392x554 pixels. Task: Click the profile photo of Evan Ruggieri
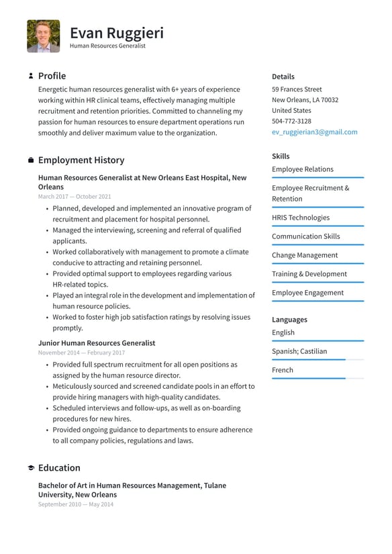click(x=44, y=36)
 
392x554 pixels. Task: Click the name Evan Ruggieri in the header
click(x=116, y=33)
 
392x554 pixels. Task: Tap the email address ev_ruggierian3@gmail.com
click(x=314, y=132)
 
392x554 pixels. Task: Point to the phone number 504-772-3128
click(x=291, y=122)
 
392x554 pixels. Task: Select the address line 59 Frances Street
click(x=297, y=89)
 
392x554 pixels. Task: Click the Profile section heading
click(x=52, y=76)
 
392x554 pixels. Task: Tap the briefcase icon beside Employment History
click(x=31, y=160)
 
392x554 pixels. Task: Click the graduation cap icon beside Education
click(x=31, y=468)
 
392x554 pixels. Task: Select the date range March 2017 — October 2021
click(x=75, y=197)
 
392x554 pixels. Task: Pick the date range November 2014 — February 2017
click(x=81, y=353)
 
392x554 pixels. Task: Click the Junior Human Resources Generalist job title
click(x=97, y=343)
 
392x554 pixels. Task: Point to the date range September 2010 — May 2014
click(x=76, y=504)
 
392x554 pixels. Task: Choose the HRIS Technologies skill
click(x=301, y=218)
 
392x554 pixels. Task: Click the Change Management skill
click(x=305, y=255)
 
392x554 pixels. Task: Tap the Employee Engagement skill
click(x=307, y=293)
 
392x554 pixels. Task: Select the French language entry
click(x=283, y=370)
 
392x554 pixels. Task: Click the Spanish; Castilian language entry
click(x=299, y=351)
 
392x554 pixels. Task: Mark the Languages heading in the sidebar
click(x=289, y=320)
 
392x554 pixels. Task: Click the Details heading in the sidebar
click(x=283, y=77)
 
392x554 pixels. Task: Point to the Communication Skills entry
click(x=305, y=236)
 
